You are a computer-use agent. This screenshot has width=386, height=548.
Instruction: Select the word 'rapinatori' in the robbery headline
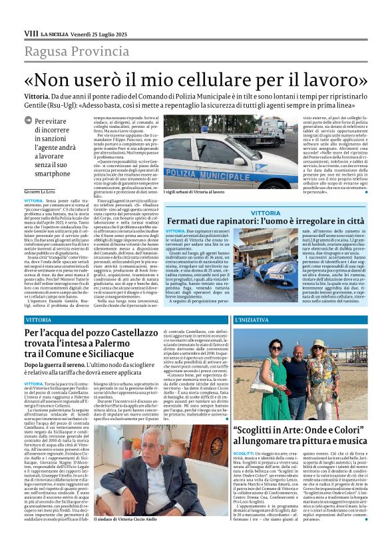(231, 221)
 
